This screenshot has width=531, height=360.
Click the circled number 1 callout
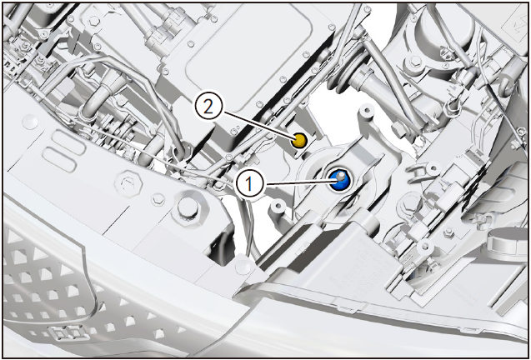pos(249,184)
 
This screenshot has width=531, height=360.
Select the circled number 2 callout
pos(208,107)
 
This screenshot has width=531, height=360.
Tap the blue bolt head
pos(339,179)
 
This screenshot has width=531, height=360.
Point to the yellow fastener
pos(298,140)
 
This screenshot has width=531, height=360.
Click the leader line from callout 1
pos(298,183)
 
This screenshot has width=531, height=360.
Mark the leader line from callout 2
pos(258,124)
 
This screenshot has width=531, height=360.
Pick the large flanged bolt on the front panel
pos(188,209)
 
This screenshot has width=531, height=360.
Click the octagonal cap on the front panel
pos(128,184)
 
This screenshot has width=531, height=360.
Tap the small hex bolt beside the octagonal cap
pos(158,199)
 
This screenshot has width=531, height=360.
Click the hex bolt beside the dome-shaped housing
pos(415,62)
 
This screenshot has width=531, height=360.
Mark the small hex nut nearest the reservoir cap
pos(449,232)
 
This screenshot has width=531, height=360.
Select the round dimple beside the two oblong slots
pos(30,122)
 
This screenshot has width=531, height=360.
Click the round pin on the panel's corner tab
pos(243,267)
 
